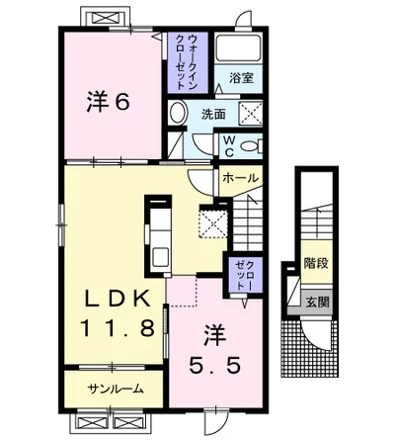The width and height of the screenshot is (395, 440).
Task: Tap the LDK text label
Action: tap(118, 299)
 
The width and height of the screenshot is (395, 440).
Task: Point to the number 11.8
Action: tap(118, 328)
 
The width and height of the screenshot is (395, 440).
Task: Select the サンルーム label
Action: tap(116, 390)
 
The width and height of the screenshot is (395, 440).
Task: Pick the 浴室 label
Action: tap(241, 78)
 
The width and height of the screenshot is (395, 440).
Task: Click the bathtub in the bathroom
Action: tap(238, 47)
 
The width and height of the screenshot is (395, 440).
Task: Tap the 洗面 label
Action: tap(213, 115)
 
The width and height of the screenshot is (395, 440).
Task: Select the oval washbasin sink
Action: tap(178, 113)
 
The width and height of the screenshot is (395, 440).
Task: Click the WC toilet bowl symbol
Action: tap(251, 145)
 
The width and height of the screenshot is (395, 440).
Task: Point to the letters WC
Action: tap(230, 146)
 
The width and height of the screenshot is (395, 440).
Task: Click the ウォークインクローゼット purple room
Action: tap(188, 62)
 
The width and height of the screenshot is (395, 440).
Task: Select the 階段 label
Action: tap(316, 264)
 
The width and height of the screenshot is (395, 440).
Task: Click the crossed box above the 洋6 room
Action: tap(105, 17)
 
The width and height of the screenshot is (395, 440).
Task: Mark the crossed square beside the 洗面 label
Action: tap(250, 113)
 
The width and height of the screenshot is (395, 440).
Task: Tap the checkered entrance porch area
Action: tap(309, 349)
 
